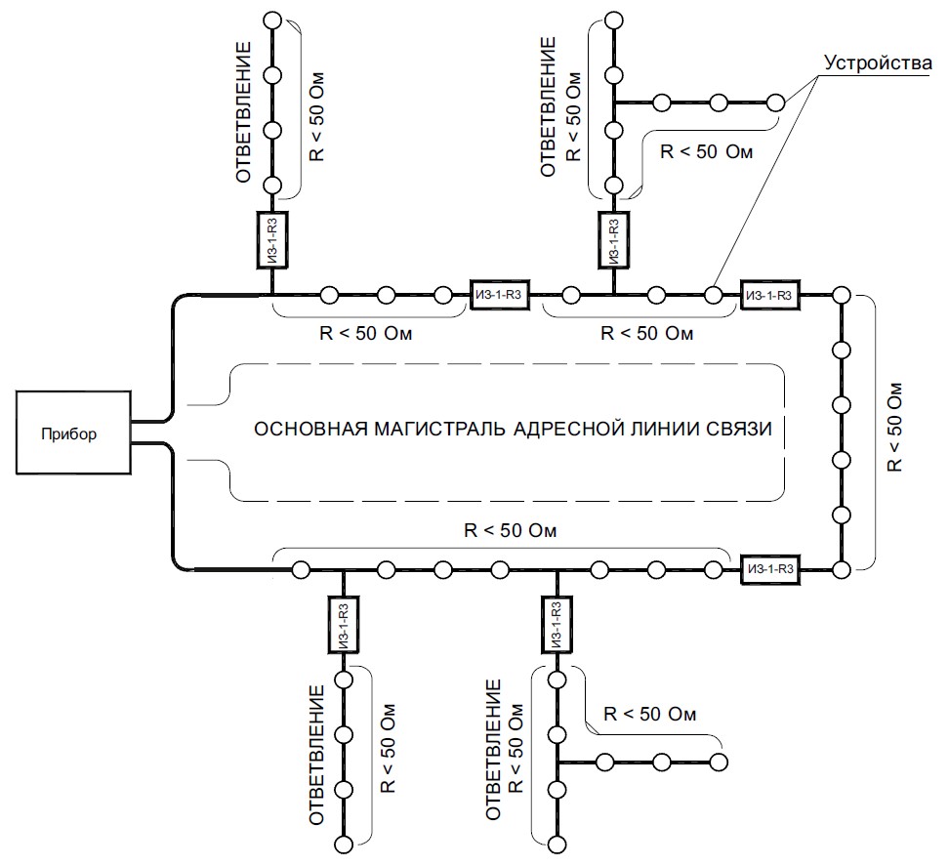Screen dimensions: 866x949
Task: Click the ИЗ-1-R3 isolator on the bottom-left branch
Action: [x=343, y=625]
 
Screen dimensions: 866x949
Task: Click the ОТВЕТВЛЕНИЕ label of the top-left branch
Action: [x=244, y=110]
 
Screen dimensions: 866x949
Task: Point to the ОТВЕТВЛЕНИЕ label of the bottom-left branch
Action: [x=315, y=755]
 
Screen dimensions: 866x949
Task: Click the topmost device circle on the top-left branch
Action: [x=272, y=20]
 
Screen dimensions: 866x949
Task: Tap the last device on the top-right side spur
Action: [x=776, y=102]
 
